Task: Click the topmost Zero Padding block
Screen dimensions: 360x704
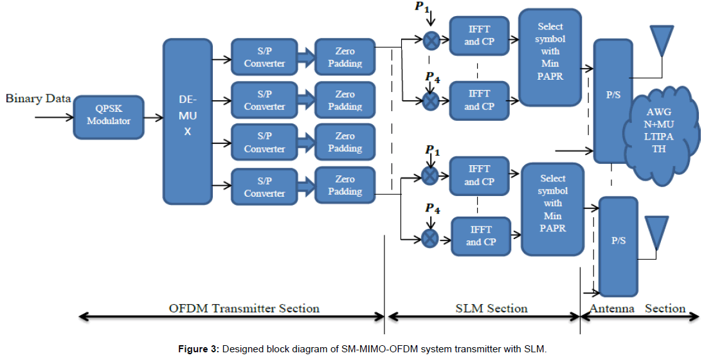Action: click(x=345, y=57)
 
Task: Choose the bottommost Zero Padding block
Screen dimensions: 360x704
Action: click(x=345, y=186)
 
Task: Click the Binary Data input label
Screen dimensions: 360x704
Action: click(x=38, y=98)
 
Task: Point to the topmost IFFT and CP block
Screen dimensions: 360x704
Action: click(x=479, y=35)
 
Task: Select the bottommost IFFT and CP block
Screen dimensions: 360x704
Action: click(x=481, y=236)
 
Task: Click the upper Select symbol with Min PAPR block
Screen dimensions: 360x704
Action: click(x=550, y=57)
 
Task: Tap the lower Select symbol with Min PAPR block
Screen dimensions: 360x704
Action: click(x=552, y=209)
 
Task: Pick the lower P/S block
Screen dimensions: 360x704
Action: click(x=618, y=246)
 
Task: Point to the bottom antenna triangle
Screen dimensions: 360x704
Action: click(x=655, y=231)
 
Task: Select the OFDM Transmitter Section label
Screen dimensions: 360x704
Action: click(x=244, y=308)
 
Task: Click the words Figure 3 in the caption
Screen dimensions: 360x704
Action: click(x=198, y=349)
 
